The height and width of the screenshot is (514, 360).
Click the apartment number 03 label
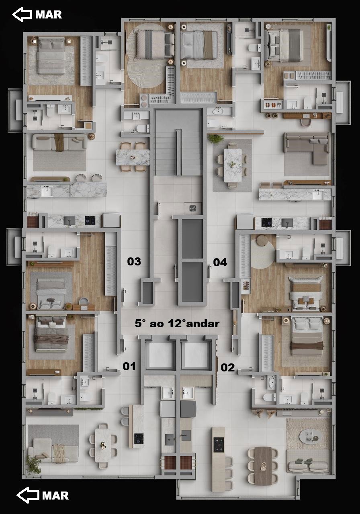pos(134,261)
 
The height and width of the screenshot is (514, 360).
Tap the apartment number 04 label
pos(220,262)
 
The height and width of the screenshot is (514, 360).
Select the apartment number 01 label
pos(129,366)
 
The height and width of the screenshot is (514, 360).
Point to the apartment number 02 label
pos(227,367)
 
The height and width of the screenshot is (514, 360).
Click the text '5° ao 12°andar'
pos(177,324)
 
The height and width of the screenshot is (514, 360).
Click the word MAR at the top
pos(49,15)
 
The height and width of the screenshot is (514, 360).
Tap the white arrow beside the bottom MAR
pos(28,495)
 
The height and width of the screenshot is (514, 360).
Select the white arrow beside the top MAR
pos(22,14)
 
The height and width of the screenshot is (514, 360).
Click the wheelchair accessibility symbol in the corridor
pos(192,208)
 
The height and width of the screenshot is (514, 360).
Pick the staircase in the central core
pos(178,142)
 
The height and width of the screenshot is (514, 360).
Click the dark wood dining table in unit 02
pos(263,466)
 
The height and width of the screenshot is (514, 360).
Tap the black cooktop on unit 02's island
pos(219,445)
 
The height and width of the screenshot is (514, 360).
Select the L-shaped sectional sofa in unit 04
pos(307,148)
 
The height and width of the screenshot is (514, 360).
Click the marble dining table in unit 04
pos(233,165)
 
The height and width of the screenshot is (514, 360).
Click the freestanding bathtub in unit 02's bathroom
pos(272,382)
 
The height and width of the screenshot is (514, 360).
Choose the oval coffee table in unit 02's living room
pos(309,434)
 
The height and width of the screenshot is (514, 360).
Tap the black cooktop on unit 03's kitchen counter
pos(90,220)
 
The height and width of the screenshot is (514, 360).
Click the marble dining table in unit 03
pos(133,157)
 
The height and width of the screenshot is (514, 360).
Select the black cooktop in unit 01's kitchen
pos(139,439)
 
